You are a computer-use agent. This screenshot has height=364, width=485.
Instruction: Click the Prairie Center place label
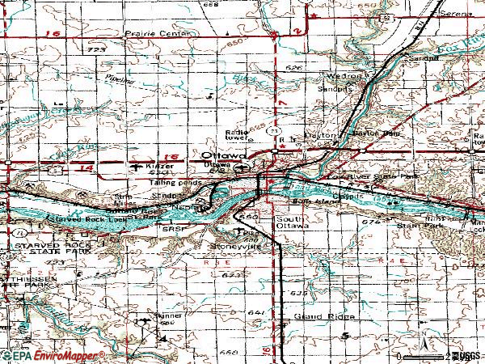tap(158, 34)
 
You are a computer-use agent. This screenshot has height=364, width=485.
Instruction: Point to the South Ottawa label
tap(291, 222)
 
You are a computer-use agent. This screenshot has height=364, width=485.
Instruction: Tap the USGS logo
tap(467, 355)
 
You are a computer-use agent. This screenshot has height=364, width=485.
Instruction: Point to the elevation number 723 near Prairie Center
tap(98, 50)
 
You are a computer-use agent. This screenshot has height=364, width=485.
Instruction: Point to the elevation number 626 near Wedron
tap(294, 68)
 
